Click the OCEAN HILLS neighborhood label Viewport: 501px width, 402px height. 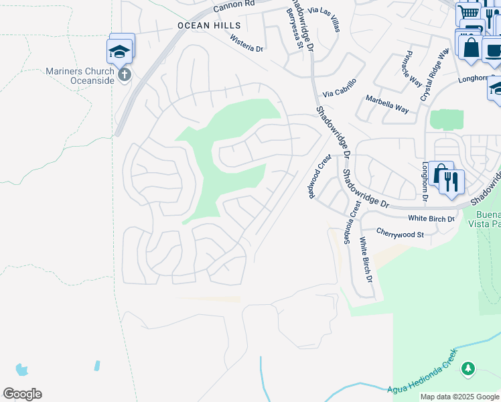click(208, 25)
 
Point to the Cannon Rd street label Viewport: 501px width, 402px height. click(234, 6)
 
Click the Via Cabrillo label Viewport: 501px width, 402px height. click(339, 88)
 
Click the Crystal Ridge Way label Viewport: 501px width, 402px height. click(433, 74)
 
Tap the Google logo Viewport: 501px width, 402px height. click(22, 394)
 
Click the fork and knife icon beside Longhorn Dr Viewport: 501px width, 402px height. click(452, 182)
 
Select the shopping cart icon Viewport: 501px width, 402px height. click(469, 13)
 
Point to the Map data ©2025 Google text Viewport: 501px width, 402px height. click(459, 397)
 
